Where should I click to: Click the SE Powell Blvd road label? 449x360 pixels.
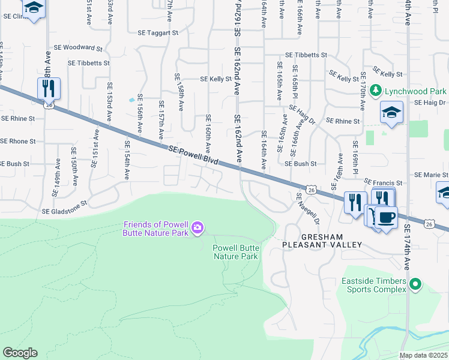[193, 155]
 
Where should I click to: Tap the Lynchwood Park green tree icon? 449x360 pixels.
[376, 91]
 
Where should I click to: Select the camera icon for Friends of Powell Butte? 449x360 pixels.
[197, 228]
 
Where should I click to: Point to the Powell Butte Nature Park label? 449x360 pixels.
[236, 252]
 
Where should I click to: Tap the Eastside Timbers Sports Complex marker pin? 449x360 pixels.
[415, 285]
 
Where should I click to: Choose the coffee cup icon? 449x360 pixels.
[385, 217]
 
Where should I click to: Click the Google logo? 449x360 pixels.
[20, 353]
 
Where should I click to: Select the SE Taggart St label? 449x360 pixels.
[158, 34]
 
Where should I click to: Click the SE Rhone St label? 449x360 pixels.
[18, 142]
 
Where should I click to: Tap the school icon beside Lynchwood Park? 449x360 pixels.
[391, 112]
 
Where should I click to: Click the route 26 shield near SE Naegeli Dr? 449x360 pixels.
[311, 190]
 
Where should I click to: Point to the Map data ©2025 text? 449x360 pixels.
[423, 355]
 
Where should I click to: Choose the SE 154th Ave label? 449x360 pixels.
[127, 160]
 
